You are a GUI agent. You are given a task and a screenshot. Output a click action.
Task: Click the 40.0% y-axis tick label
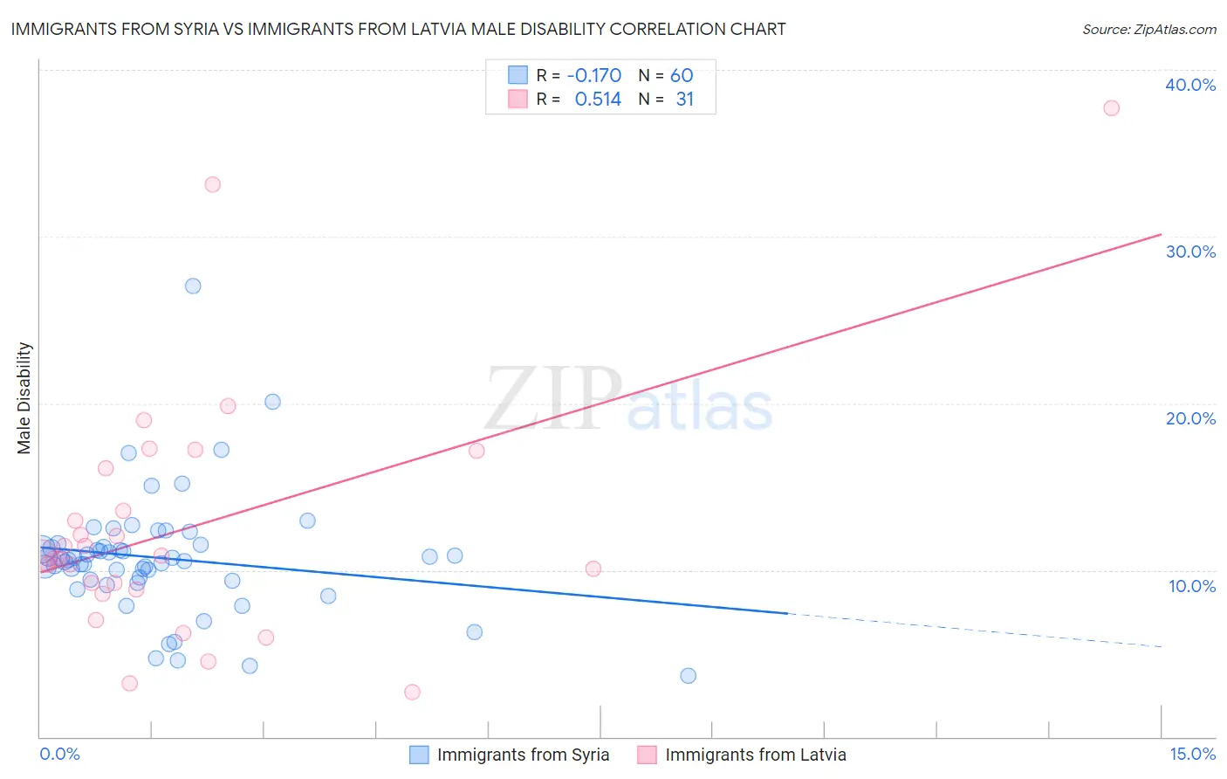pyautogui.click(x=1189, y=85)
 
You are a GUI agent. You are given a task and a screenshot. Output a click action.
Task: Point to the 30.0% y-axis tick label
pyautogui.click(x=1189, y=252)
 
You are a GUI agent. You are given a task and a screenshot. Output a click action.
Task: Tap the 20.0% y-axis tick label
pyautogui.click(x=1189, y=418)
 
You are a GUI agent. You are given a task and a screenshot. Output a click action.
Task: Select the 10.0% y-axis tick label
pyautogui.click(x=1191, y=586)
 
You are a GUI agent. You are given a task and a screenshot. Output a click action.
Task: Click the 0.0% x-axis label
pyautogui.click(x=60, y=754)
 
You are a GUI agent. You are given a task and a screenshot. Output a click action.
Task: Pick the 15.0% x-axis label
pyautogui.click(x=1192, y=754)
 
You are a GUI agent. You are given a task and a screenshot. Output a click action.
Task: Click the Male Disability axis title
pyautogui.click(x=24, y=397)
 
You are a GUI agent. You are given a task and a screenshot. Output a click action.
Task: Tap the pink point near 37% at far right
pyautogui.click(x=1111, y=108)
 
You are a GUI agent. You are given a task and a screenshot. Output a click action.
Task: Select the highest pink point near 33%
pyautogui.click(x=212, y=184)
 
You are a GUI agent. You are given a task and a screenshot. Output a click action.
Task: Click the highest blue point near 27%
pyautogui.click(x=193, y=286)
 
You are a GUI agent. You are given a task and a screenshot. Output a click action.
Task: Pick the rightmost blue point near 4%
pyautogui.click(x=688, y=675)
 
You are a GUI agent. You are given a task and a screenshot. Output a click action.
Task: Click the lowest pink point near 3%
pyautogui.click(x=412, y=692)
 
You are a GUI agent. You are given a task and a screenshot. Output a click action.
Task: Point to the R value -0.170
pyautogui.click(x=593, y=75)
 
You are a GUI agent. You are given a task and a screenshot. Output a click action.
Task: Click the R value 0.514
pyautogui.click(x=597, y=100)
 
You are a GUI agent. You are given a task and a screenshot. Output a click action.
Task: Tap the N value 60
pyautogui.click(x=681, y=75)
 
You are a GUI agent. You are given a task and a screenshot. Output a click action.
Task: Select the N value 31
pyautogui.click(x=684, y=100)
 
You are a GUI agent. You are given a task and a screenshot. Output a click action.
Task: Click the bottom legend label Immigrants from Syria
pyautogui.click(x=523, y=755)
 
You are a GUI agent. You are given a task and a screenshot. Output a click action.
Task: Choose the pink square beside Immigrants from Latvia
pyautogui.click(x=647, y=755)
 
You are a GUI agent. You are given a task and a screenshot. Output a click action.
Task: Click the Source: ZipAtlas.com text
pyautogui.click(x=1148, y=30)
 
